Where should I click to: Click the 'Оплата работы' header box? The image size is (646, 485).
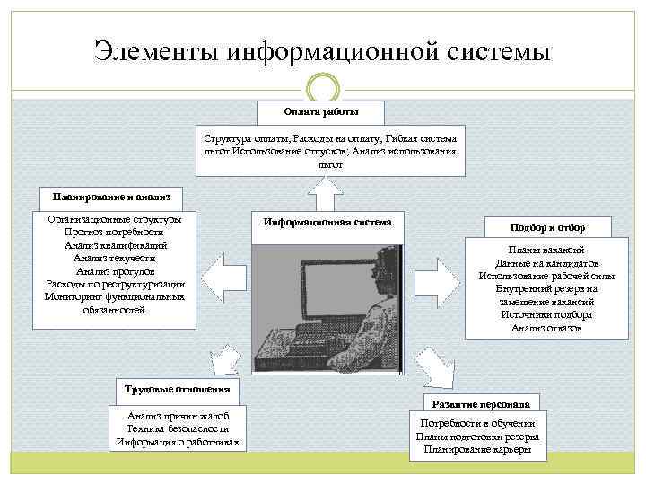point(321,111)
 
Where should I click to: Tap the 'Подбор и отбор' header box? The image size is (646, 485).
point(547,228)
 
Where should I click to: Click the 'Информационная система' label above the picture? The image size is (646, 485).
point(327,221)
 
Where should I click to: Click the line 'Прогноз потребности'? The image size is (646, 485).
point(114,232)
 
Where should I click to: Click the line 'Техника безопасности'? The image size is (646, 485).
point(179,428)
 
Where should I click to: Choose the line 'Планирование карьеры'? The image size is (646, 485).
point(477,448)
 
